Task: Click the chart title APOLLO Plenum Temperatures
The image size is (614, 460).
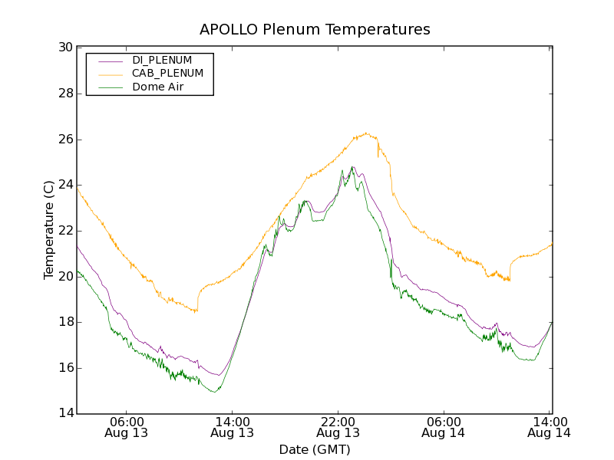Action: point(315,30)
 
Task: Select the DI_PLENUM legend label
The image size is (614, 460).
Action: point(162,60)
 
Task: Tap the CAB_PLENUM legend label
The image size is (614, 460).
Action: point(167,74)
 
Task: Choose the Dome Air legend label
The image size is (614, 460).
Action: point(157,87)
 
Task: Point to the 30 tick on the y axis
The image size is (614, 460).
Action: point(65,48)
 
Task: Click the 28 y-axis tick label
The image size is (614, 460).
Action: point(65,94)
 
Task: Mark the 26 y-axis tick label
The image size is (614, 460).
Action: point(65,140)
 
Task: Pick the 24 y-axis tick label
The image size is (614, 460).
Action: point(65,185)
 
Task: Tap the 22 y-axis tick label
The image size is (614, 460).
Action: point(65,231)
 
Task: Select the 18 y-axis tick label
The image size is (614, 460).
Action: point(65,322)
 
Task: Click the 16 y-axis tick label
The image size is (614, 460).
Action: point(65,368)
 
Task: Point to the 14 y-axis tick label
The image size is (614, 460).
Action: point(65,414)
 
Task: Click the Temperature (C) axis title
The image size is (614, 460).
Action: point(48,230)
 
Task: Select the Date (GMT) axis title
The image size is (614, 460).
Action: point(315,449)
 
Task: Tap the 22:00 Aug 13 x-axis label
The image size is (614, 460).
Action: point(338,426)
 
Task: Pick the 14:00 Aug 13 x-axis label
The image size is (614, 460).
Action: point(233,426)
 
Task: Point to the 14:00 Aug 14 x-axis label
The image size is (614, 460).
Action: point(550,426)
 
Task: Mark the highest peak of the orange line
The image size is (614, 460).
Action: point(366,133)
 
